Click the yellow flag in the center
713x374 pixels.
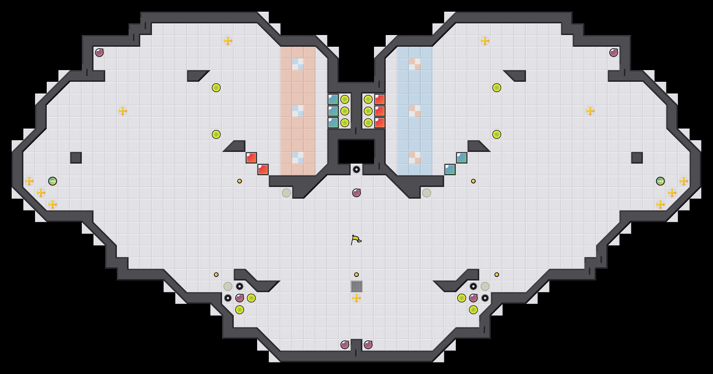[356, 240]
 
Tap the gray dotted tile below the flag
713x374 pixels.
[356, 286]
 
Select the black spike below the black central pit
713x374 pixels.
[356, 169]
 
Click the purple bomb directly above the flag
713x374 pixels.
[356, 193]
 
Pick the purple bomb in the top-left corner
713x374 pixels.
[99, 53]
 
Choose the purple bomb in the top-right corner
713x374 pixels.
[614, 53]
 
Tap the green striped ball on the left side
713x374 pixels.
[53, 181]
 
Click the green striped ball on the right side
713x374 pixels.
[660, 181]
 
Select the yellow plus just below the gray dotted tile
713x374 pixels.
[356, 298]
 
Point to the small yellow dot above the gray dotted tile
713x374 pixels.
[356, 275]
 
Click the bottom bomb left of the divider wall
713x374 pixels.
[345, 345]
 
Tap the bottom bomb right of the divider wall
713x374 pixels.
[368, 345]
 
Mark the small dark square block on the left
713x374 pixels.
[76, 158]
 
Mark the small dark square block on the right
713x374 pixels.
[637, 158]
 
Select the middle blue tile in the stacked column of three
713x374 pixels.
[333, 111]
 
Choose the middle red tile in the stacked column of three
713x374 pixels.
[380, 111]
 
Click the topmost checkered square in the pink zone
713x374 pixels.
[298, 64]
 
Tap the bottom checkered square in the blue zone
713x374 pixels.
[415, 158]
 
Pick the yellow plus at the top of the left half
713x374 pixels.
[228, 41]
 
